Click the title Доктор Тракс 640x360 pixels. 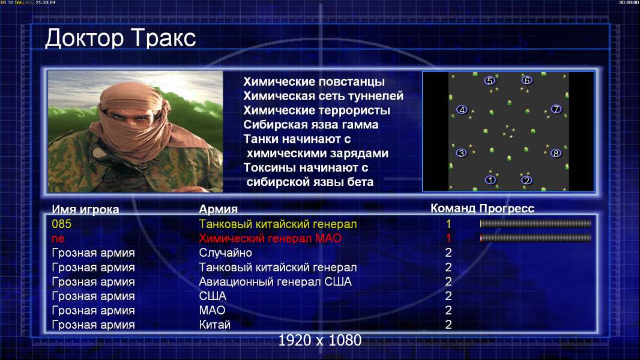(x=121, y=38)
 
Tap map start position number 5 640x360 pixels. (x=490, y=81)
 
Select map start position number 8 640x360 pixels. (x=556, y=153)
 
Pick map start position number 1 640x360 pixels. (x=490, y=180)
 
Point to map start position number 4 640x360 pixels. (x=462, y=110)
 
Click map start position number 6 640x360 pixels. (x=527, y=80)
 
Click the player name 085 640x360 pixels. (x=62, y=224)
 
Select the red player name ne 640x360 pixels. (x=58, y=239)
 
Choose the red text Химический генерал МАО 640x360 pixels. (x=270, y=238)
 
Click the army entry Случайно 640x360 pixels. (x=225, y=253)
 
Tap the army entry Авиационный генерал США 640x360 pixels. (x=275, y=282)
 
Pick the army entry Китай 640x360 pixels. (x=215, y=325)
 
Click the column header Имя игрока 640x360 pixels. (x=85, y=209)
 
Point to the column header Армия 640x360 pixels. (x=219, y=209)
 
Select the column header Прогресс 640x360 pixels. (x=507, y=208)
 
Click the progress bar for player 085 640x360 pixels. (x=536, y=223)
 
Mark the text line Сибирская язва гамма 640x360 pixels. (x=311, y=124)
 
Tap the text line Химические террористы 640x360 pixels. (x=317, y=110)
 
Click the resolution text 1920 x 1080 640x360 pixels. (x=319, y=340)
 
